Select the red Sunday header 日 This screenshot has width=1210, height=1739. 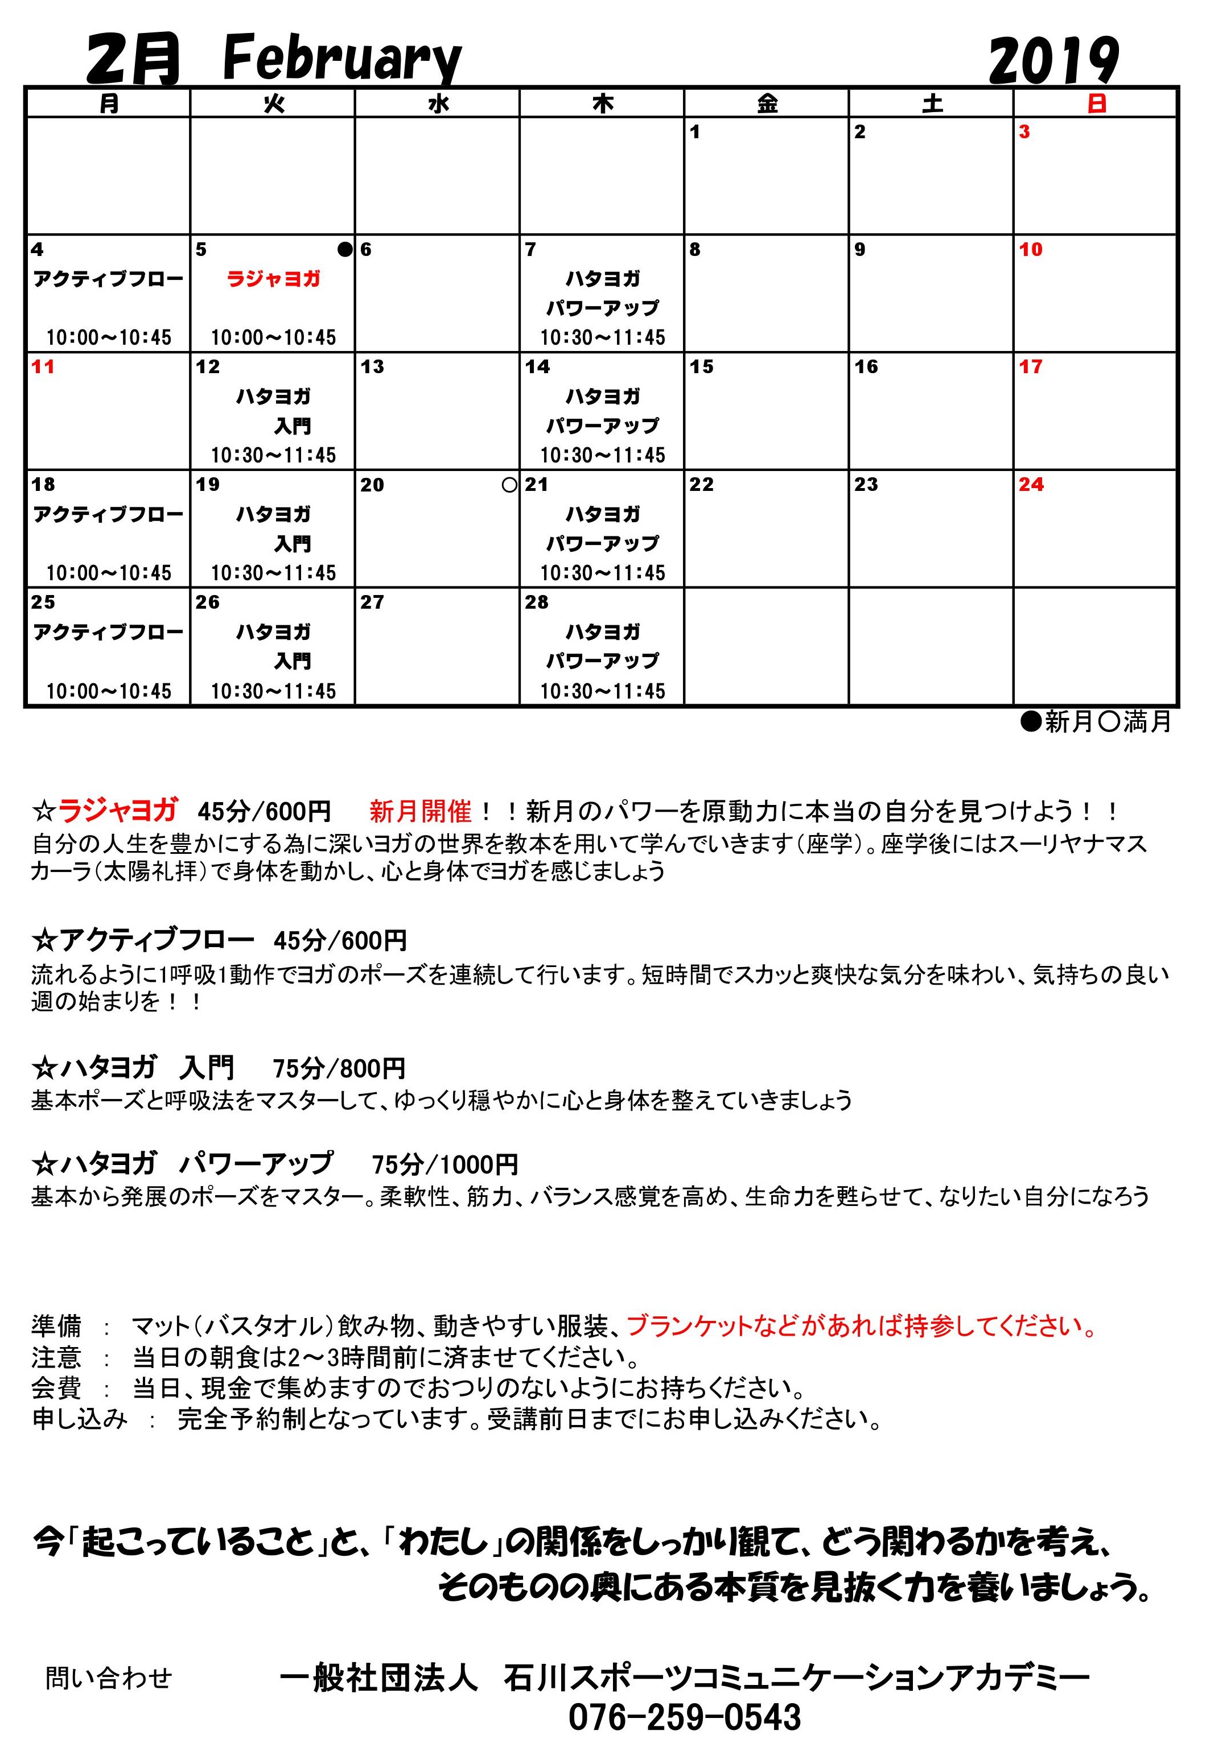[x=1096, y=103]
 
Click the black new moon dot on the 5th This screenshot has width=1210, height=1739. [x=345, y=249]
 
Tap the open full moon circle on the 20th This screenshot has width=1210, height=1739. [x=510, y=485]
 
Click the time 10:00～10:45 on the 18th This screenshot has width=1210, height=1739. [x=108, y=573]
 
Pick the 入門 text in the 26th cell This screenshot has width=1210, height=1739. [x=292, y=661]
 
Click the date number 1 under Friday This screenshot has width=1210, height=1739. [x=695, y=133]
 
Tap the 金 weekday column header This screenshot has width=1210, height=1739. [x=767, y=103]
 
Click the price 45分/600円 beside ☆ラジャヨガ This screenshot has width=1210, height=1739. [x=264, y=812]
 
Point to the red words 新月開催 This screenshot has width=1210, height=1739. [x=421, y=812]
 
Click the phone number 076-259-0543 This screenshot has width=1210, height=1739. [x=684, y=1716]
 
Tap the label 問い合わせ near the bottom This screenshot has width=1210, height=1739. [x=108, y=1678]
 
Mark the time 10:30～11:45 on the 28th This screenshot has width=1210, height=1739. [x=602, y=691]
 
